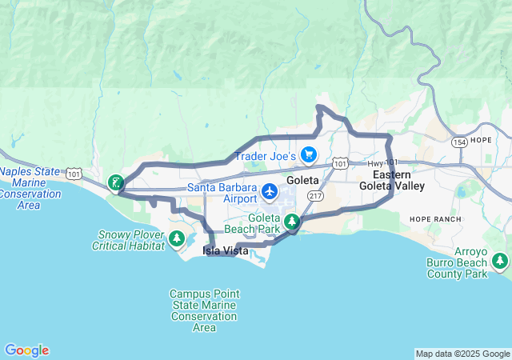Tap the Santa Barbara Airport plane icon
[x=270, y=192]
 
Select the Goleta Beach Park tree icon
[x=293, y=222]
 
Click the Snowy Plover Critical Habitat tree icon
[x=177, y=238]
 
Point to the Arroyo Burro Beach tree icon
[x=501, y=261]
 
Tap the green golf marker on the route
[x=116, y=183]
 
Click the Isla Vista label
[x=225, y=251]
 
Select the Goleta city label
[x=302, y=181]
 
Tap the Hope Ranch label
[x=431, y=218]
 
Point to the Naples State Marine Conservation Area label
[x=30, y=188]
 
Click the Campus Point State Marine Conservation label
[x=204, y=310]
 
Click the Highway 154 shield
[x=458, y=142]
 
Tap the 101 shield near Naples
[x=74, y=173]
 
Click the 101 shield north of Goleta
[x=340, y=164]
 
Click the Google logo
[x=26, y=350]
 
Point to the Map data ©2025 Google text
[x=462, y=354]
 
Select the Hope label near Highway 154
[x=482, y=139]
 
